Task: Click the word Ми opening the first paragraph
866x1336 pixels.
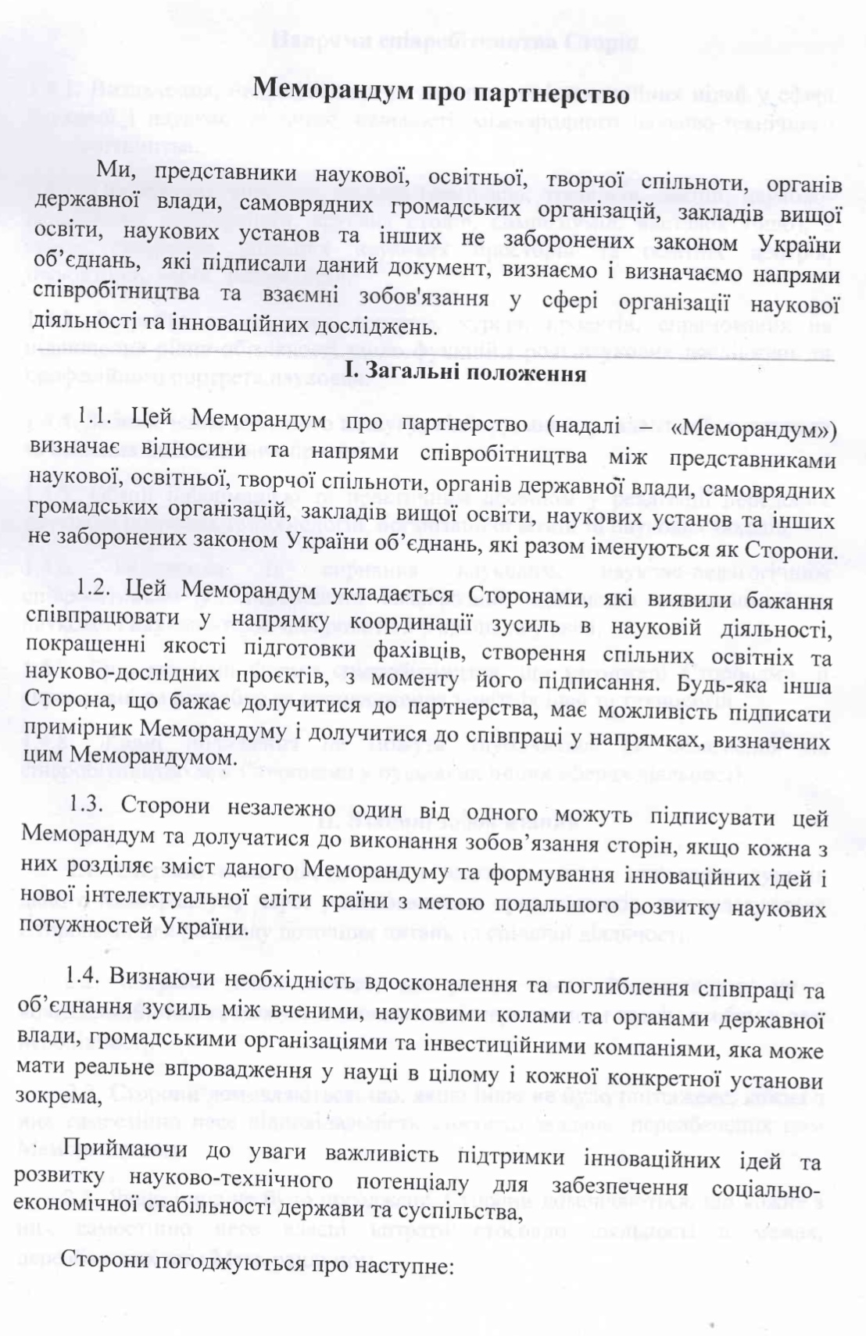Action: pos(113,170)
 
